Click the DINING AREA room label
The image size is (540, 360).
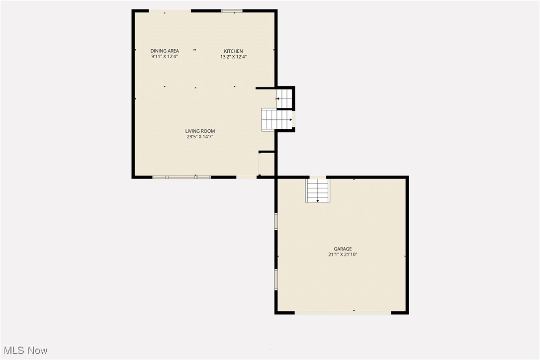(165, 51)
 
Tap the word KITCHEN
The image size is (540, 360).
(233, 51)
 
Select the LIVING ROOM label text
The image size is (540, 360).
(200, 131)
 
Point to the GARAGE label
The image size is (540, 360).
(343, 249)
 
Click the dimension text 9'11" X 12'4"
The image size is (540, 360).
(165, 57)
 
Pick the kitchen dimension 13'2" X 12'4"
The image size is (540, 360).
(233, 57)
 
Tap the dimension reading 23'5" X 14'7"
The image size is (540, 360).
(200, 136)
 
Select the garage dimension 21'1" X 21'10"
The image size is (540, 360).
(343, 255)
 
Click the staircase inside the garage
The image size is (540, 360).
(318, 190)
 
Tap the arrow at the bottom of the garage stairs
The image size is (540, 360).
(318, 200)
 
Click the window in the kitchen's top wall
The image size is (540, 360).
(232, 10)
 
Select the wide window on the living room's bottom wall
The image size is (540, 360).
(181, 177)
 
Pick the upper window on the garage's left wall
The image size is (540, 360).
(276, 221)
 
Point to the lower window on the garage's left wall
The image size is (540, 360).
(276, 279)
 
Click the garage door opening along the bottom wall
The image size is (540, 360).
(343, 312)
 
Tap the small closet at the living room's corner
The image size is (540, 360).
(267, 164)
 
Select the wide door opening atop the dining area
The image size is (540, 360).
(170, 10)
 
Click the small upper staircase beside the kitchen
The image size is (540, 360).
(284, 98)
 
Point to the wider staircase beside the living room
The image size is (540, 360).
(276, 119)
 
